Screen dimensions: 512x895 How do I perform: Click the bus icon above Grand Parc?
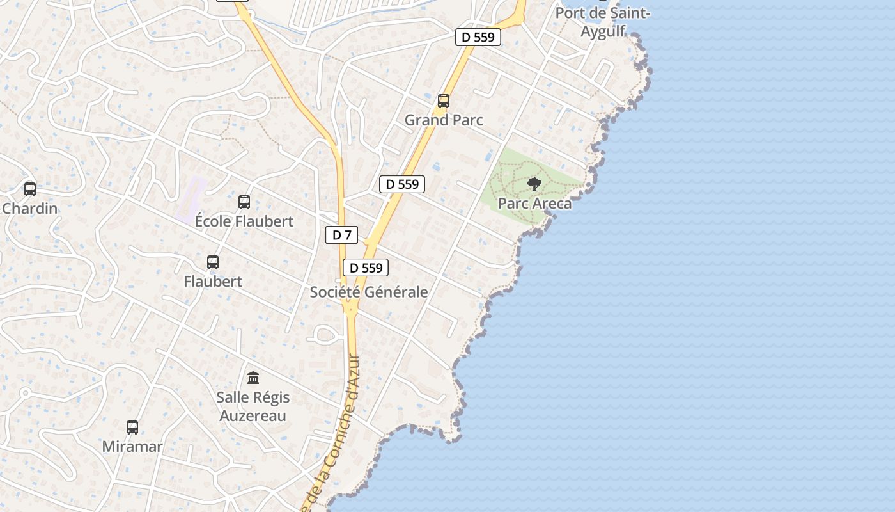[443, 100]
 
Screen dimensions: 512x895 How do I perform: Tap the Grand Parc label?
[444, 120]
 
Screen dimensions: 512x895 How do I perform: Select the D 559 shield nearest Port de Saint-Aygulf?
[478, 37]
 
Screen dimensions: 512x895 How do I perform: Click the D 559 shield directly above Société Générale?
[366, 268]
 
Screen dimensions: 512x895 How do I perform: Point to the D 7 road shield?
[342, 235]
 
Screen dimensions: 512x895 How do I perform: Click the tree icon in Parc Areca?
[534, 185]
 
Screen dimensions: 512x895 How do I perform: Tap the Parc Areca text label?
[534, 204]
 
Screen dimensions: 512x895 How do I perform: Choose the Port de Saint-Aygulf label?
[602, 22]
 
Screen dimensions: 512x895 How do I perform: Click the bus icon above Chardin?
[30, 189]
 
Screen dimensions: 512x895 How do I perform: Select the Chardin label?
[30, 209]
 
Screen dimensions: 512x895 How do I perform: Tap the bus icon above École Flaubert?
[244, 202]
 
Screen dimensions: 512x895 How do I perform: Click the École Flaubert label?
[244, 221]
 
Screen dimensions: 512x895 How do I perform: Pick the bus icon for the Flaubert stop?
[213, 262]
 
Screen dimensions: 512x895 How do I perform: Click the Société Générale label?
[369, 292]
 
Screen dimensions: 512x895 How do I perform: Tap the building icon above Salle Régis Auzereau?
[253, 378]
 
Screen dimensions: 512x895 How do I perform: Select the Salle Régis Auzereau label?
[253, 406]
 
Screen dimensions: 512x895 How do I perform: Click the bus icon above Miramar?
[132, 428]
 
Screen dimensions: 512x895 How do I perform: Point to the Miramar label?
[132, 446]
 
